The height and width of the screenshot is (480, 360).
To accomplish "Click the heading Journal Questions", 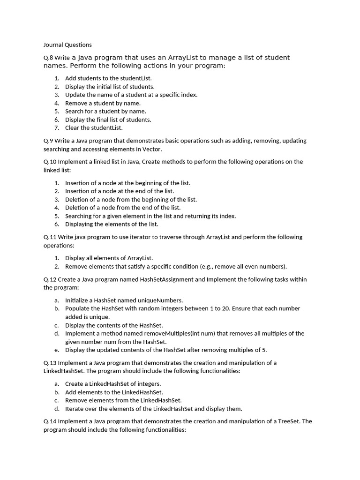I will (x=67, y=45).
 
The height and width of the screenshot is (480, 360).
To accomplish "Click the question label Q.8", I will (x=48, y=58).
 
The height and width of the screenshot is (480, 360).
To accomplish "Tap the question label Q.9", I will (x=48, y=141).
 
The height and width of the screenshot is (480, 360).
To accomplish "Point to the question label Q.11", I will (x=50, y=237).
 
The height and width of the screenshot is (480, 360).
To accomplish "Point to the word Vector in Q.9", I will (x=152, y=149).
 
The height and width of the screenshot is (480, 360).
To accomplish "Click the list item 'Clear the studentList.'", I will (x=94, y=127).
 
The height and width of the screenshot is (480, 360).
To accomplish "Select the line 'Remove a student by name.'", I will (x=103, y=103).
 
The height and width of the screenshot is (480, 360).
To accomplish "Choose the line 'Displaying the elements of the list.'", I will (x=112, y=224).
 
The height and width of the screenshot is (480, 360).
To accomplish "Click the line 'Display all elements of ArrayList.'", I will (x=109, y=258).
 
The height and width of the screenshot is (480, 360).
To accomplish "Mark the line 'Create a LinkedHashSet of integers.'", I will (x=113, y=384).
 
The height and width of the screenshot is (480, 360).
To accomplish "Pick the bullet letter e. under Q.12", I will (x=56, y=350).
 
